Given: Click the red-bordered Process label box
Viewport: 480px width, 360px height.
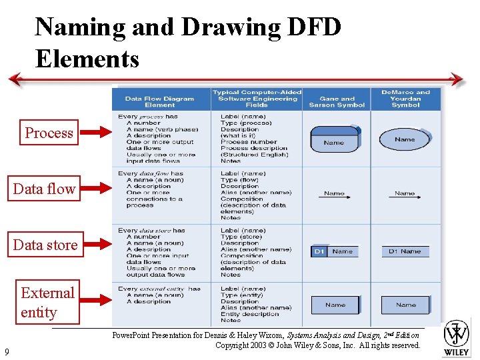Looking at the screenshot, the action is (x=49, y=133).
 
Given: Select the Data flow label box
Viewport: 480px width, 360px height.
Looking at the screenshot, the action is (x=45, y=189).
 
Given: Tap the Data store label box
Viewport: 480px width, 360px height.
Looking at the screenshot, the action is (x=45, y=245).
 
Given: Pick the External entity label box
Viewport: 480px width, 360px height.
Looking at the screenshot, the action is (x=47, y=302).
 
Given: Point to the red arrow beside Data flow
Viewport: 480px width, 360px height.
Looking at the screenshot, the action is (x=95, y=189).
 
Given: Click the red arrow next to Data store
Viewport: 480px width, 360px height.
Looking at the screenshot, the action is (x=95, y=245).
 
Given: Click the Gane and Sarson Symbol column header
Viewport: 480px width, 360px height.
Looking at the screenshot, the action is (x=337, y=101).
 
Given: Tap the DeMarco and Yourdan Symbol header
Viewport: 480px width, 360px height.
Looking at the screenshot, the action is (x=405, y=99).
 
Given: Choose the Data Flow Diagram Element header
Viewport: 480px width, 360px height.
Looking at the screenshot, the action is (x=160, y=101).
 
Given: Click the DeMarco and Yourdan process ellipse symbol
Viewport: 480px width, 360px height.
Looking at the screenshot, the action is (x=405, y=139).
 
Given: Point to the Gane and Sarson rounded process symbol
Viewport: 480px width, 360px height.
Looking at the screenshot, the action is (x=335, y=140).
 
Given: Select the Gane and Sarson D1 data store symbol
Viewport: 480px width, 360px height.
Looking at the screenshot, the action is (x=335, y=251).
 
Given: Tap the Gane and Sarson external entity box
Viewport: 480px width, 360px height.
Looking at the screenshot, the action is (x=335, y=305).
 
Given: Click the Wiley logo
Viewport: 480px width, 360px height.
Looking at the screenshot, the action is (x=457, y=337).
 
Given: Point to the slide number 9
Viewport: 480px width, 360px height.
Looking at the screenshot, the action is (x=6, y=351).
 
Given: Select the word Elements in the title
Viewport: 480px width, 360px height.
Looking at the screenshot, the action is (x=87, y=58).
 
